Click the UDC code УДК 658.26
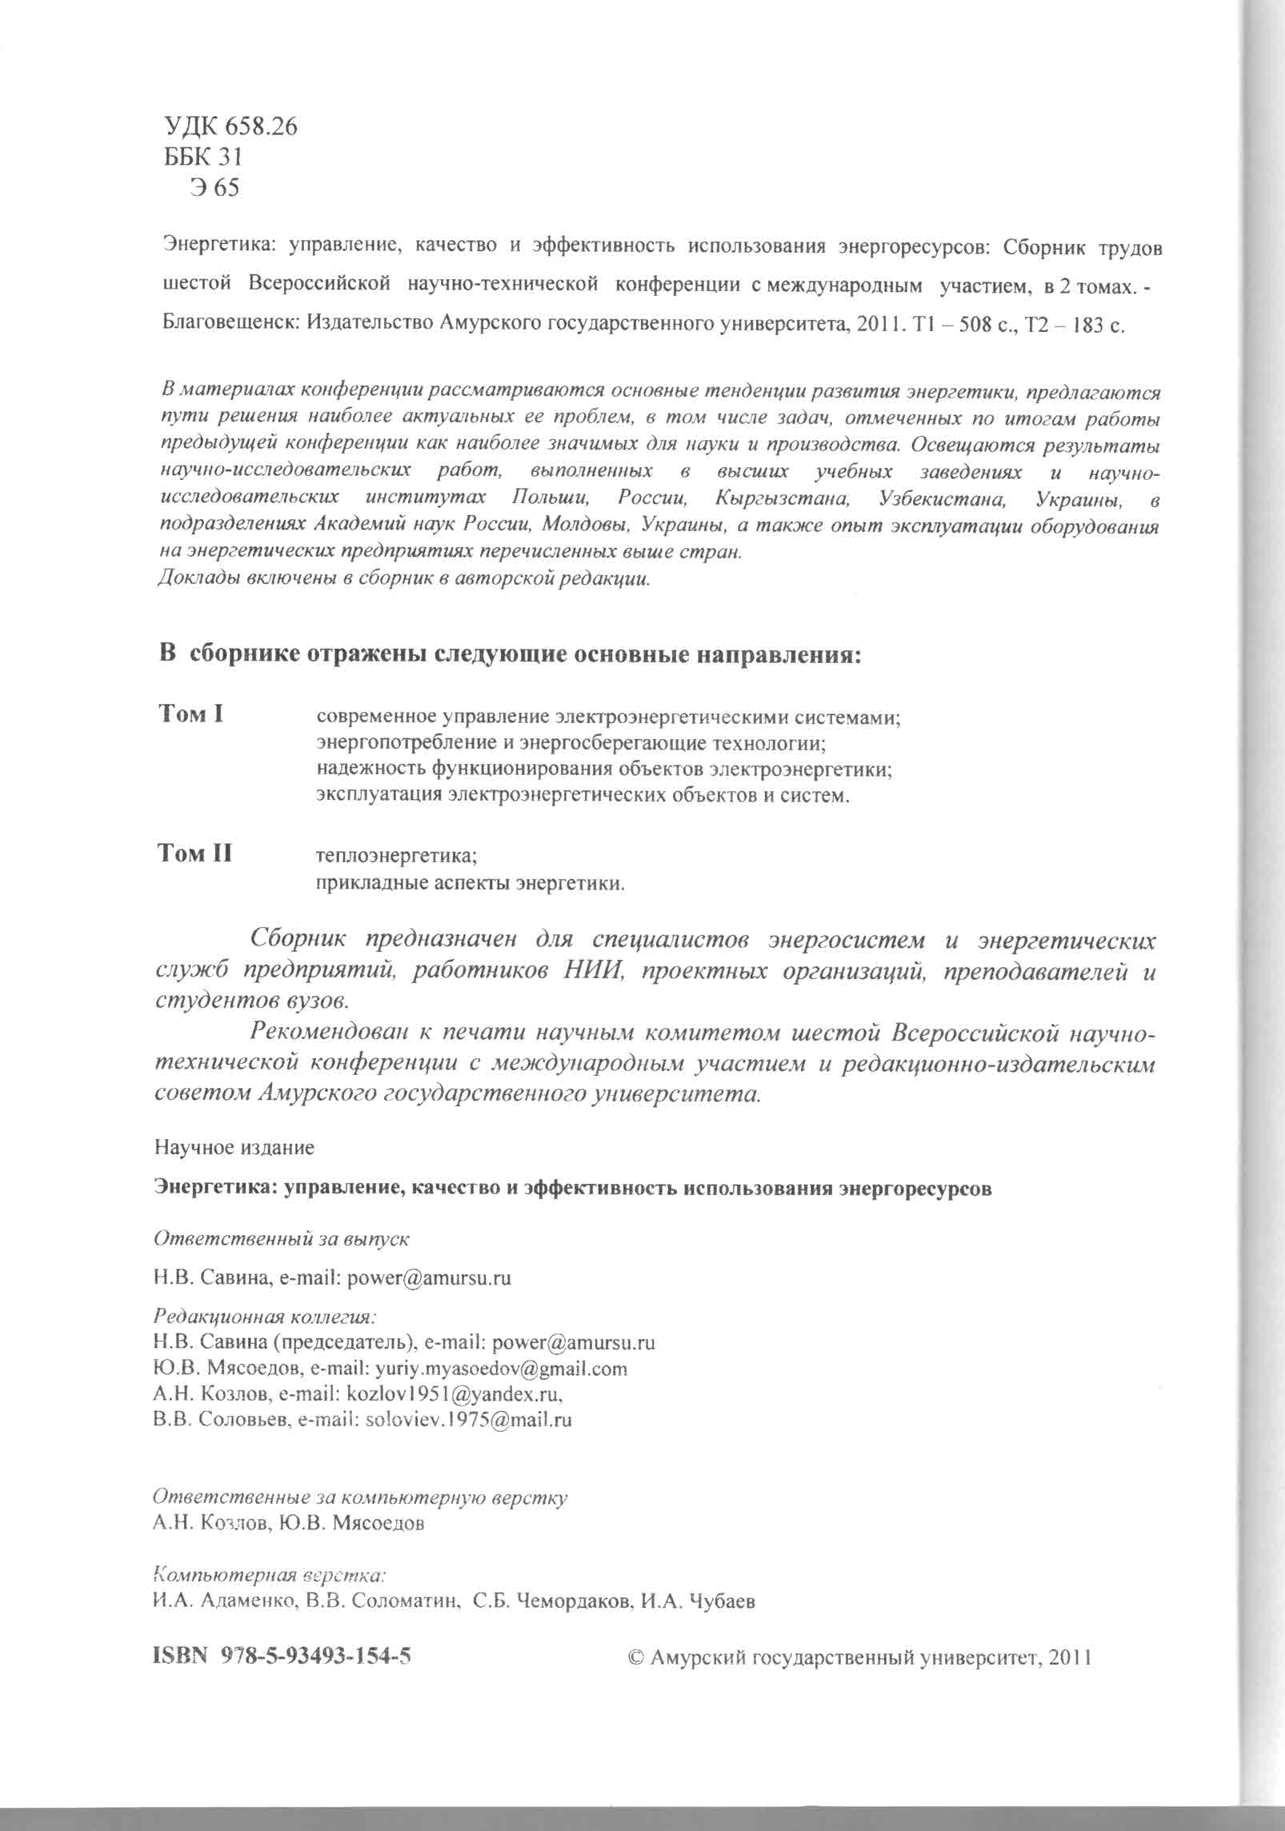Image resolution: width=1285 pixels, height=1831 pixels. pos(230,126)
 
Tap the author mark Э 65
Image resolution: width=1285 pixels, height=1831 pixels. pos(214,188)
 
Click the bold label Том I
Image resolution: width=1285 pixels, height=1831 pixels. pos(191,714)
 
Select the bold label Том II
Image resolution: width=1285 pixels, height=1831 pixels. pos(195,854)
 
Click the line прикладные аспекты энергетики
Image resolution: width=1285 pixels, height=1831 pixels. pos(470,884)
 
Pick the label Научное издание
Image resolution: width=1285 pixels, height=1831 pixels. pos(234,1148)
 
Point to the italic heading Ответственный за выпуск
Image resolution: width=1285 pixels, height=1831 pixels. pos(282,1238)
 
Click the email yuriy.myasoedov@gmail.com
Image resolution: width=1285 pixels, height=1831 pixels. pos(496,1368)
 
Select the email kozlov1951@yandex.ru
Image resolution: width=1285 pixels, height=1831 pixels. pos(453,1393)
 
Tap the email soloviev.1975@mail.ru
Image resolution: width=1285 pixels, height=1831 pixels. pos(468,1420)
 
